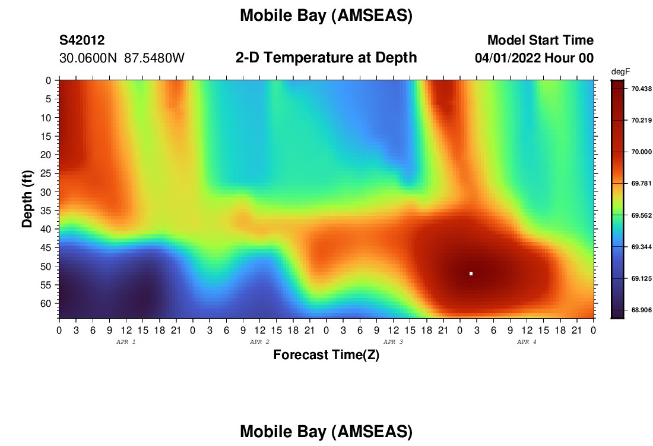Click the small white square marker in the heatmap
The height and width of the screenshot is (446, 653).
coord(471,274)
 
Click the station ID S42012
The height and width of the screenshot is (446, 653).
coord(82,40)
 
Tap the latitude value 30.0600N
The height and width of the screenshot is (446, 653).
coord(88,58)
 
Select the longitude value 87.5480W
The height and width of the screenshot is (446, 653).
coord(154,58)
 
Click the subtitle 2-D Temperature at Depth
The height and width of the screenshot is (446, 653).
coord(326,58)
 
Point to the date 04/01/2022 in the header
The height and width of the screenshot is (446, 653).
coord(508,58)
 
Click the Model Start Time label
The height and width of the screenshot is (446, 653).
coord(541,40)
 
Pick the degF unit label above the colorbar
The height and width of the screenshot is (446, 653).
coord(620,72)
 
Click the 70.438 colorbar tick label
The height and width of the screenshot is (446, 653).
coord(641,89)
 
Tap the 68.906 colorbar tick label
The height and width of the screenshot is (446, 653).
coord(641,310)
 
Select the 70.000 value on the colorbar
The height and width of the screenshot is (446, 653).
coord(641,152)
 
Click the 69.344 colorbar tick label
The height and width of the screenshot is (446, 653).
coord(641,247)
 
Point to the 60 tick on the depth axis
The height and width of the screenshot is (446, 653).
coord(46,303)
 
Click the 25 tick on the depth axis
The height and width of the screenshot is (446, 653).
coord(46,173)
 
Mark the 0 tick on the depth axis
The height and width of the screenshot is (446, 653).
coord(48,80)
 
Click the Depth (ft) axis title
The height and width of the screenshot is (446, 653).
coord(27,199)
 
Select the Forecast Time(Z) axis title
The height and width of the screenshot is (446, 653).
coord(326,355)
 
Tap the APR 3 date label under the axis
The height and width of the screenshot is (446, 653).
coord(393,342)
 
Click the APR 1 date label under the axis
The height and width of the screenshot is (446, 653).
coord(126,342)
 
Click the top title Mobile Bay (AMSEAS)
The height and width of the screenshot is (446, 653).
coord(326,15)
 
